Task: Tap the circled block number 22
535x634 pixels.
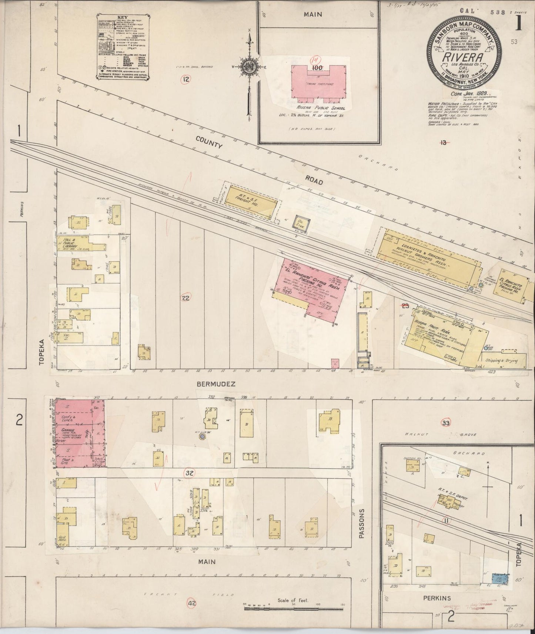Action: pos(186,298)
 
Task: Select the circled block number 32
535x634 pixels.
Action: pos(190,473)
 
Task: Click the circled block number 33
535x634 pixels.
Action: pos(446,423)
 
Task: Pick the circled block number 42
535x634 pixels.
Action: pos(192,603)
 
